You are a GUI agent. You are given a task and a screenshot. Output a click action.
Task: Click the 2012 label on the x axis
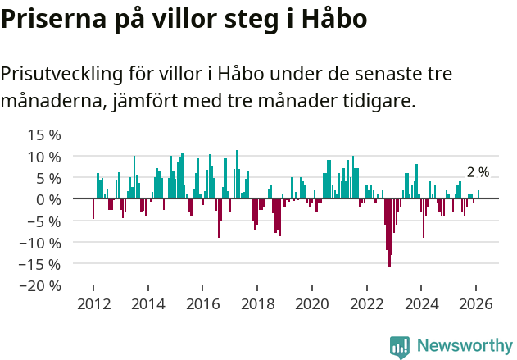coord(93,303)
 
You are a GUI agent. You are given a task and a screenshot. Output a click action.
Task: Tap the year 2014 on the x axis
coord(148,303)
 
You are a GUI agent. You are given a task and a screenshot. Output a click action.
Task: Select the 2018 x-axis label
coord(257,303)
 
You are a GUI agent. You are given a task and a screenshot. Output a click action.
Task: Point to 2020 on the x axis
coord(312,303)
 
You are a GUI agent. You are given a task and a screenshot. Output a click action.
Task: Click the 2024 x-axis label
coord(421,303)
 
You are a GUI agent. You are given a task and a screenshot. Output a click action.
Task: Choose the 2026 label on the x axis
coord(476,303)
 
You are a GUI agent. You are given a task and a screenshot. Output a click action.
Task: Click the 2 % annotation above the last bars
coord(478,172)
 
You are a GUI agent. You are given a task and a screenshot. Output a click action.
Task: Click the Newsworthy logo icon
coord(400,347)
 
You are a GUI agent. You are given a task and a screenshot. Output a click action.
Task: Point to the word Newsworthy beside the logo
coord(465,346)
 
